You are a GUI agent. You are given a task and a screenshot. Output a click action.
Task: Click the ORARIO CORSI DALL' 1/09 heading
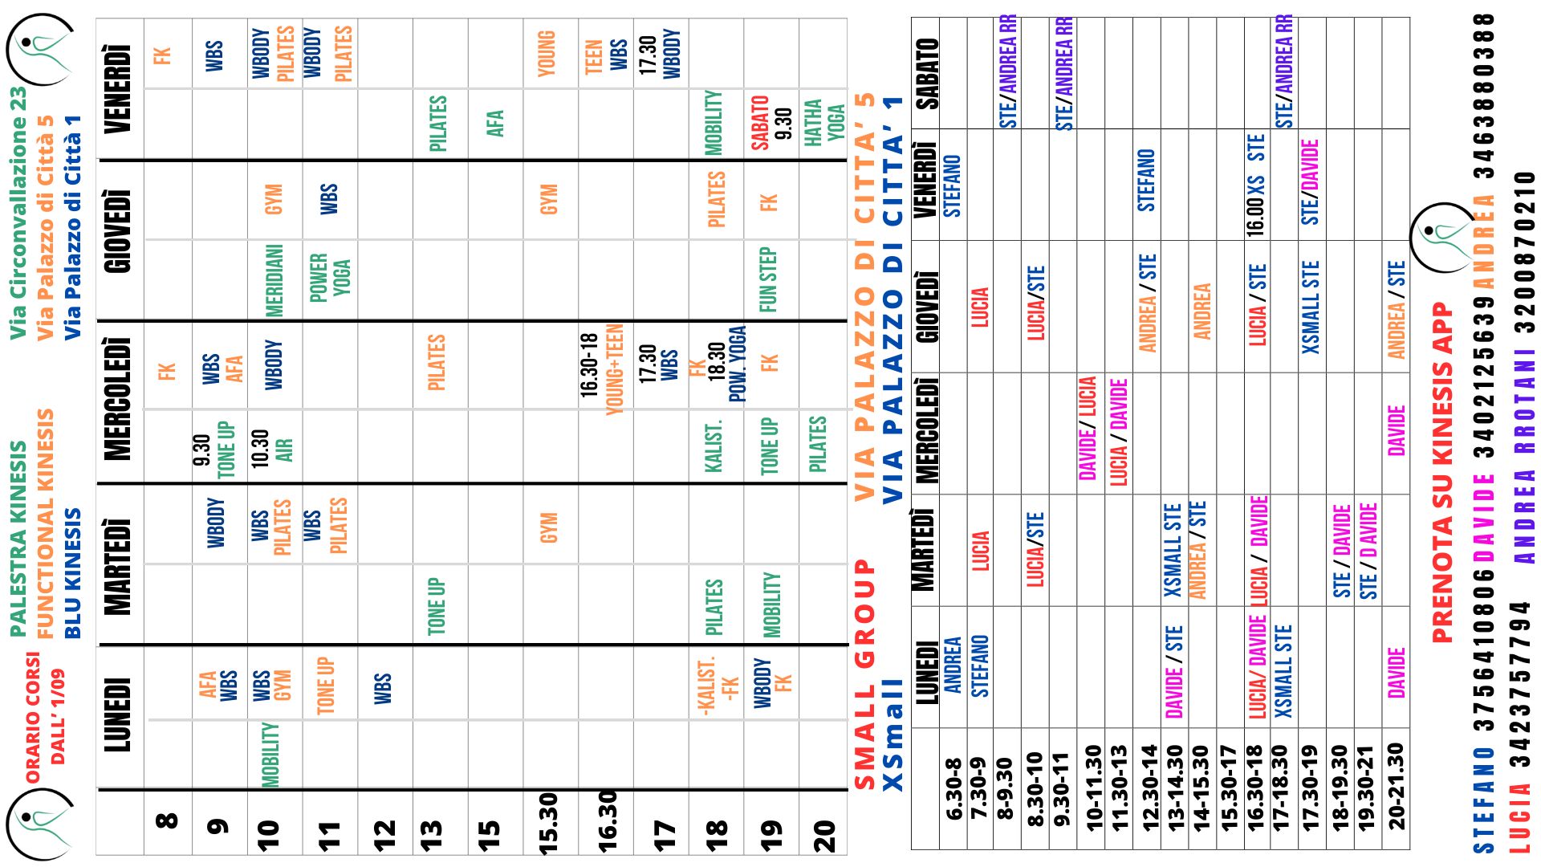44,717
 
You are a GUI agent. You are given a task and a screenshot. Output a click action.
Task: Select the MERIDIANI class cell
274,280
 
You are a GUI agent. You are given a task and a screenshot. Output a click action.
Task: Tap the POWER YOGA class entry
330,278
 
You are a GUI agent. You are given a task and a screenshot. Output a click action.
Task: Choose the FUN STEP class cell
768,279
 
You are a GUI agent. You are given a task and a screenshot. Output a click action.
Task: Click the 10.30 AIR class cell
272,446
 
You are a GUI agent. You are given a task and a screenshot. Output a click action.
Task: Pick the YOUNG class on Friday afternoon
547,53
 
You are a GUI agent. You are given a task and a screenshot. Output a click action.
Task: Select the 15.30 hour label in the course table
548,823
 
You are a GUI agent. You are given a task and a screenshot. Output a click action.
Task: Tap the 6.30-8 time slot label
953,789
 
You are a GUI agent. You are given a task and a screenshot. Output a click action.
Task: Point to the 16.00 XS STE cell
1256,185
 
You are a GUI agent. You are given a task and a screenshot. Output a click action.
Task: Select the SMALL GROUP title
864,674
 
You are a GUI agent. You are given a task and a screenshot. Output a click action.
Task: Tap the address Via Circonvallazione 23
18,213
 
